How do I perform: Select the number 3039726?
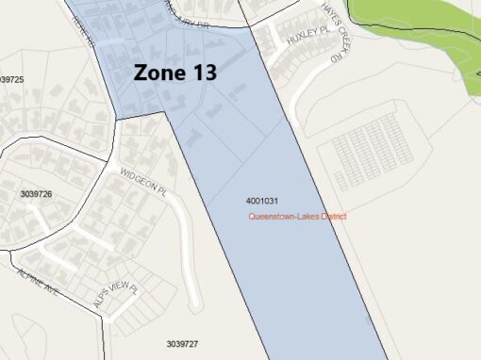[36, 193]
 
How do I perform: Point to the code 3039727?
[182, 345]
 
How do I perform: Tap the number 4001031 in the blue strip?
[261, 201]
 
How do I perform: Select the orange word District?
[334, 217]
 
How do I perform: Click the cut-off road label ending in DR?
[185, 21]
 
